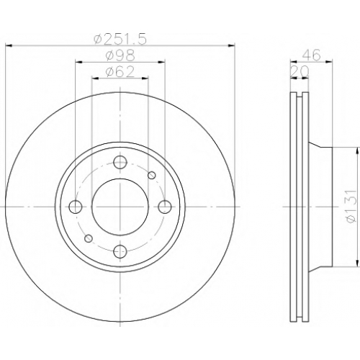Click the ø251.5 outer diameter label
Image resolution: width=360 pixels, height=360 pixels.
point(120,40)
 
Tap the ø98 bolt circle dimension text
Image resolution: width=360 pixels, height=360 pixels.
point(120,55)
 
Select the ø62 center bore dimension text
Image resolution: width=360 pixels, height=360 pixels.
point(120,72)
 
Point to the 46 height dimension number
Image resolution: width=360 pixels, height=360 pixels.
point(311,55)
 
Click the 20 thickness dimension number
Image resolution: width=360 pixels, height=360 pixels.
point(300,71)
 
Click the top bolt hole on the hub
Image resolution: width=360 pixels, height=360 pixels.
point(120,162)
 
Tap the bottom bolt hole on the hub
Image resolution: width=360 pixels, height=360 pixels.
point(120,251)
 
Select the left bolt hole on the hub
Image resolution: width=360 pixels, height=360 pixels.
point(76,207)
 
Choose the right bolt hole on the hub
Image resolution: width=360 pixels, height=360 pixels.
point(165,207)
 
